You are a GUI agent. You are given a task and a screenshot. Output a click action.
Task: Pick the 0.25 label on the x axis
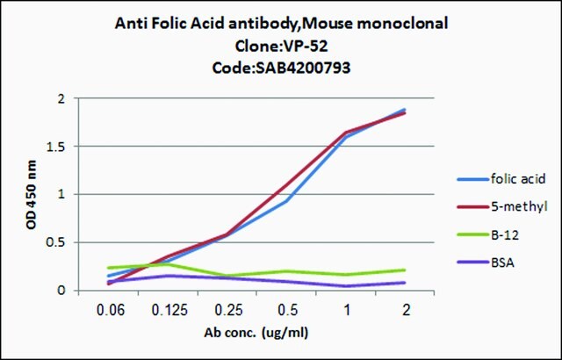click(227, 310)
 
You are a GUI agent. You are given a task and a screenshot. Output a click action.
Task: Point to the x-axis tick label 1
click(346, 310)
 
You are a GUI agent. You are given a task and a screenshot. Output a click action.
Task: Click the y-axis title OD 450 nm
click(32, 195)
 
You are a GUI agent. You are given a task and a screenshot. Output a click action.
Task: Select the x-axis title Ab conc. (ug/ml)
click(256, 333)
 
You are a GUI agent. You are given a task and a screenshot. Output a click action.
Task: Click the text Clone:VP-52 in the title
click(281, 46)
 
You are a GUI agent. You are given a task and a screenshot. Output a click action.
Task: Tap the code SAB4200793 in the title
click(302, 68)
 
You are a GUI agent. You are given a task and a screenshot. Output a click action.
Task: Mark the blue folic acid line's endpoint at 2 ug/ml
click(405, 110)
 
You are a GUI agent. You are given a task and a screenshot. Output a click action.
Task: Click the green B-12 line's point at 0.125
click(168, 264)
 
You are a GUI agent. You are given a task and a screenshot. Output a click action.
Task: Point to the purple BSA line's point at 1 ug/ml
click(346, 286)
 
